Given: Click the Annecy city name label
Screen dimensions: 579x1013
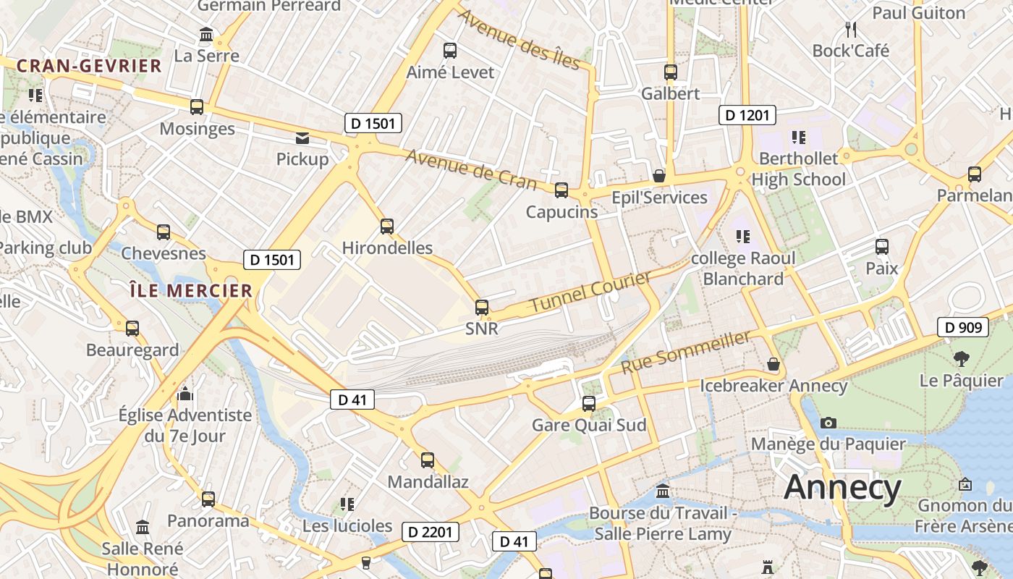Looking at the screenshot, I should point(843,487).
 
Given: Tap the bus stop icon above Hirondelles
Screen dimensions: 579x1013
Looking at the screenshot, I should point(387,226).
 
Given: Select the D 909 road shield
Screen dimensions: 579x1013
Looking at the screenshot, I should point(962,327).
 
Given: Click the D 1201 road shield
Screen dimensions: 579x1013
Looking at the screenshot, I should point(747,114).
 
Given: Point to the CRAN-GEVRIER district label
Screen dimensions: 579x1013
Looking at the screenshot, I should point(89,66).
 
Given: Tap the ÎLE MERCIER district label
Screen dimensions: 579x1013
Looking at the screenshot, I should point(191,291).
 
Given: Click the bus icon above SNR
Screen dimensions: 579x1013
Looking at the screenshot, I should point(482,307).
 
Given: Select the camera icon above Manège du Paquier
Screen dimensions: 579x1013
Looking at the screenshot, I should point(828,423).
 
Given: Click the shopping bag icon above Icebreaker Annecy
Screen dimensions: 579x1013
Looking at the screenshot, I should point(773,364).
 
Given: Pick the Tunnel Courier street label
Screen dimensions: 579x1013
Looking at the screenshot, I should point(590,292).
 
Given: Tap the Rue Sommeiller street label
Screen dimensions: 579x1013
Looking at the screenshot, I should point(686,353).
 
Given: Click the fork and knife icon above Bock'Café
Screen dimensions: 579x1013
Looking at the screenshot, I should point(851,29).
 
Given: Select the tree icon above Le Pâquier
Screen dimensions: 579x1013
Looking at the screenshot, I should point(962,358).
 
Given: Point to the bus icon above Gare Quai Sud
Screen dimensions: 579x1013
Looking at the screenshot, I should point(589,403).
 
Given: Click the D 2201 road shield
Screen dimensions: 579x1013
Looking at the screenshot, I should point(430,532).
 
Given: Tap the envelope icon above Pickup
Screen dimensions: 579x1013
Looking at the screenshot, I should point(302,138).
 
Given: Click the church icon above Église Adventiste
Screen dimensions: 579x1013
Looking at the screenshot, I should point(186,394).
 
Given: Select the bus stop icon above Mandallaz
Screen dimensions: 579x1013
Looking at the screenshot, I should point(428,460).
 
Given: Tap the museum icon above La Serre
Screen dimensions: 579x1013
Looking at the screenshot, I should point(206,34).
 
